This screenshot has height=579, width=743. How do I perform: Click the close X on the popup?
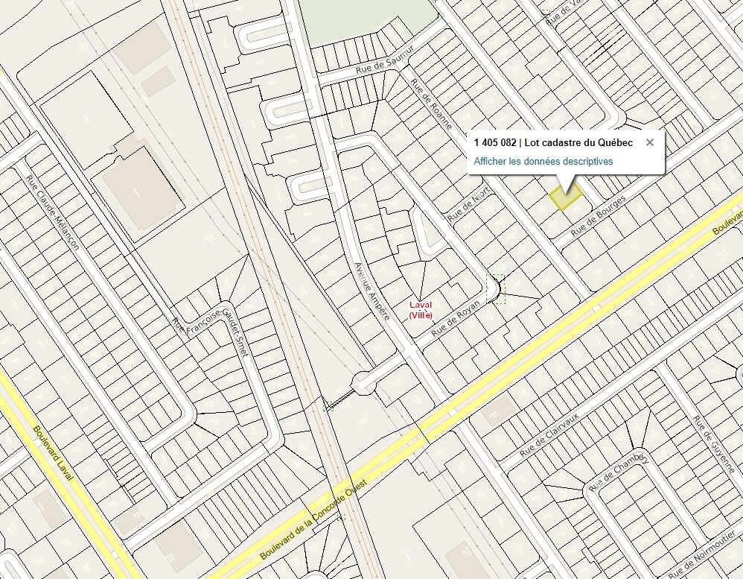coord(649,142)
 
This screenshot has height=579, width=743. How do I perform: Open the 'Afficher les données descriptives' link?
coord(543,161)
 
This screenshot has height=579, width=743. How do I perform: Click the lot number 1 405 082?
coord(494,142)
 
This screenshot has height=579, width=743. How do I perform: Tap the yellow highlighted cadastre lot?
coord(565,197)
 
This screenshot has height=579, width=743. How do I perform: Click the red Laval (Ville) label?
coord(421,310)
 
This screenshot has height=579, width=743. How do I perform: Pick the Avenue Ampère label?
coord(371,291)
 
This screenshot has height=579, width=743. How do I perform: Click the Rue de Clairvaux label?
coord(549,435)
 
